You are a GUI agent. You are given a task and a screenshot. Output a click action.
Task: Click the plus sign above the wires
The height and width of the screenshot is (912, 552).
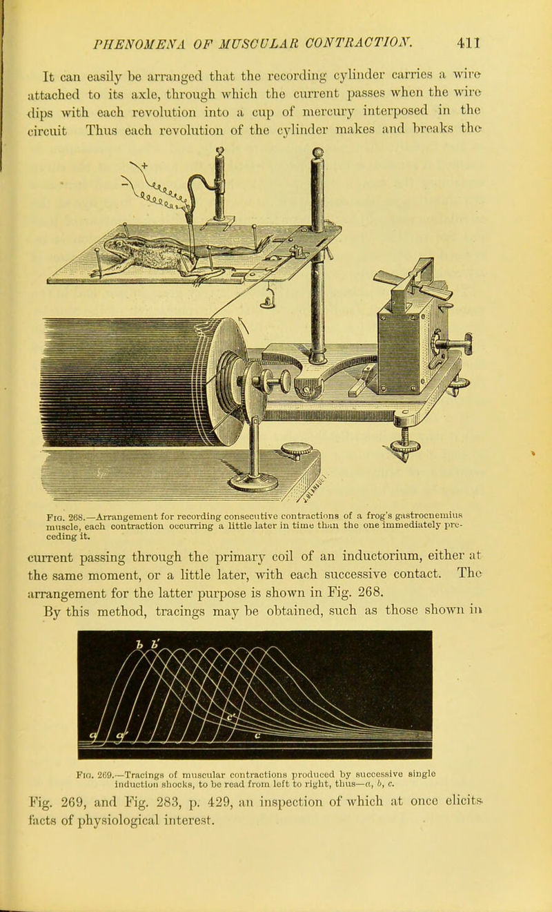(145, 165)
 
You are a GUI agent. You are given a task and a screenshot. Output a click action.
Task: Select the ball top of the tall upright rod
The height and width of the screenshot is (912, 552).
(317, 153)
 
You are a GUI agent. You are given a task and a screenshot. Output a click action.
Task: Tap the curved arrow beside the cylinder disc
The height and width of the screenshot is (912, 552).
(244, 326)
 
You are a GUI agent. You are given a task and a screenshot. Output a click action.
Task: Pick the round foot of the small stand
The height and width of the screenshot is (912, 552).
(253, 483)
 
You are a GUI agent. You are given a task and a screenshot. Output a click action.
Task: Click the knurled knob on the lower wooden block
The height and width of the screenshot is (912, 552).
(297, 450)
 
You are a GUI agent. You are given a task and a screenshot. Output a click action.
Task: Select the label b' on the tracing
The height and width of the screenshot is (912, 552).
(155, 643)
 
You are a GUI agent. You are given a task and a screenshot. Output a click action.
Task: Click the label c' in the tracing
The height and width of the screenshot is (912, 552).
(231, 717)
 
